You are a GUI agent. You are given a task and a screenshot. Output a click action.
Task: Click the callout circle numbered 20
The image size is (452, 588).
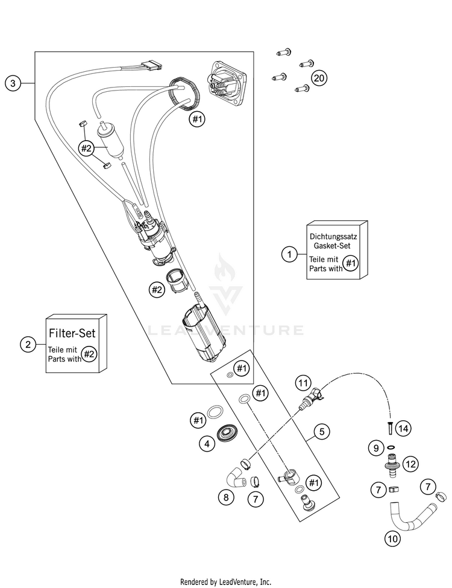(x=319, y=78)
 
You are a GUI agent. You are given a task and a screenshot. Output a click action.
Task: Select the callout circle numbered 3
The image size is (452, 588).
(x=13, y=83)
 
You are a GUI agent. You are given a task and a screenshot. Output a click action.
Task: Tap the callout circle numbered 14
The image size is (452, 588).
(x=403, y=428)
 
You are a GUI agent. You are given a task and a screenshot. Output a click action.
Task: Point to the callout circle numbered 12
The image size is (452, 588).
(x=411, y=464)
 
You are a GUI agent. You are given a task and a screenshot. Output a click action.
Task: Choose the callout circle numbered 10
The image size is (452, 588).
(x=392, y=539)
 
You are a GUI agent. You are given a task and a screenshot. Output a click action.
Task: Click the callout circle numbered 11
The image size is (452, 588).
(x=303, y=383)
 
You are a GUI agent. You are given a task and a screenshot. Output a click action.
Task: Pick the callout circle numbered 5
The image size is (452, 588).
(x=322, y=432)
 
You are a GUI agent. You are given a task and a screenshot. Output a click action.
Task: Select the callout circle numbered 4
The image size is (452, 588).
(x=207, y=444)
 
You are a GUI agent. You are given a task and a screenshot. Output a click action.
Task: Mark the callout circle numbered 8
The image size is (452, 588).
(x=226, y=497)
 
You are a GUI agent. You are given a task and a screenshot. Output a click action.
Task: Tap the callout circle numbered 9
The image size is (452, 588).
(x=376, y=448)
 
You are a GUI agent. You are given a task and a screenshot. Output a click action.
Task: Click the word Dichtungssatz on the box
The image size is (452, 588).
(x=333, y=237)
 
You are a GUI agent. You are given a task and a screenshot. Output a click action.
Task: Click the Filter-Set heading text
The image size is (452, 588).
(x=72, y=333)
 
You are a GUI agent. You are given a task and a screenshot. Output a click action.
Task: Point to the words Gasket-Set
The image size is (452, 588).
(x=332, y=246)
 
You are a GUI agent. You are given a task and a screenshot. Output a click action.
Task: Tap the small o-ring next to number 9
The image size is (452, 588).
(x=391, y=447)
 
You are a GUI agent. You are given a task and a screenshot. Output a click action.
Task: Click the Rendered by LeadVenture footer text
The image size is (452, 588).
(x=225, y=581)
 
